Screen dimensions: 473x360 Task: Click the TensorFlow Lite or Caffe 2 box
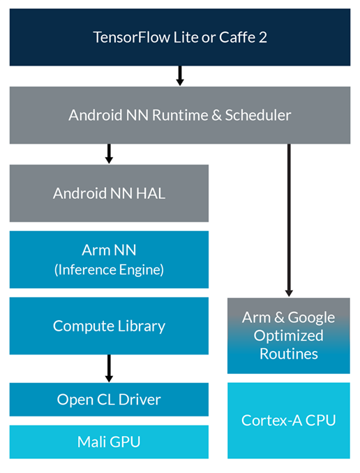pyautogui.click(x=179, y=36)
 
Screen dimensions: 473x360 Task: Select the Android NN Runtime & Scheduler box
pyautogui.click(x=179, y=115)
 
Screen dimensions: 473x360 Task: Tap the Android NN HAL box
pyautogui.click(x=109, y=193)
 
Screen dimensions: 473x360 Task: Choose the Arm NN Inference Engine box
pyautogui.click(x=109, y=260)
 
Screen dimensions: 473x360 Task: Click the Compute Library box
pyautogui.click(x=109, y=326)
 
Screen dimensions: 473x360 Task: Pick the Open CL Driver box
pyautogui.click(x=109, y=400)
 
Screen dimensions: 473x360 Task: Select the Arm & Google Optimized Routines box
pyautogui.click(x=288, y=336)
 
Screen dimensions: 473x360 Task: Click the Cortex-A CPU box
pyautogui.click(x=288, y=420)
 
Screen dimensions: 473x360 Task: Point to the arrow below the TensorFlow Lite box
pyautogui.click(x=179, y=75)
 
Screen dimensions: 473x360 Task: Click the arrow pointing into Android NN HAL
pyautogui.click(x=109, y=153)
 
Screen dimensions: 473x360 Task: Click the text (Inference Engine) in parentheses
pyautogui.click(x=109, y=269)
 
